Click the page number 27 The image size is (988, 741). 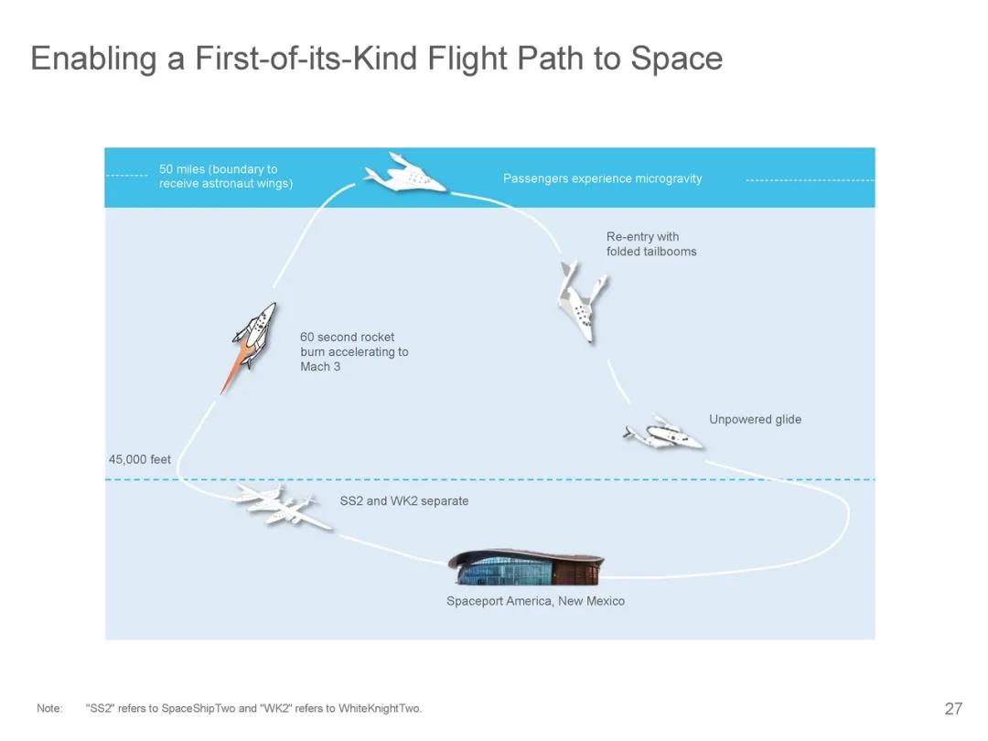[x=953, y=708]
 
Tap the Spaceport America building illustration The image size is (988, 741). [x=526, y=567]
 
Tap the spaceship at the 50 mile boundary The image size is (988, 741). [x=404, y=173]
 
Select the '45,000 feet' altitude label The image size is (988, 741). [x=139, y=459]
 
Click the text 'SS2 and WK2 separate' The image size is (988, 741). [x=404, y=501]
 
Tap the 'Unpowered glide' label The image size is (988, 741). [x=755, y=420]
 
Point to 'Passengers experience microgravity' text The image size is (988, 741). [x=602, y=178]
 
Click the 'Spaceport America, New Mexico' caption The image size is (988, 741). [x=535, y=601]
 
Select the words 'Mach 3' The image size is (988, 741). [x=320, y=367]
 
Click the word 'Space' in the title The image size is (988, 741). [x=677, y=59]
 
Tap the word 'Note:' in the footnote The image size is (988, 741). [x=49, y=708]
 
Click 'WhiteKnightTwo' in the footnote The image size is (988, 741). [x=380, y=708]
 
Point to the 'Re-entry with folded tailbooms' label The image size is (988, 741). [x=651, y=244]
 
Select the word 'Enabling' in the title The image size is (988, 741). [x=93, y=59]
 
